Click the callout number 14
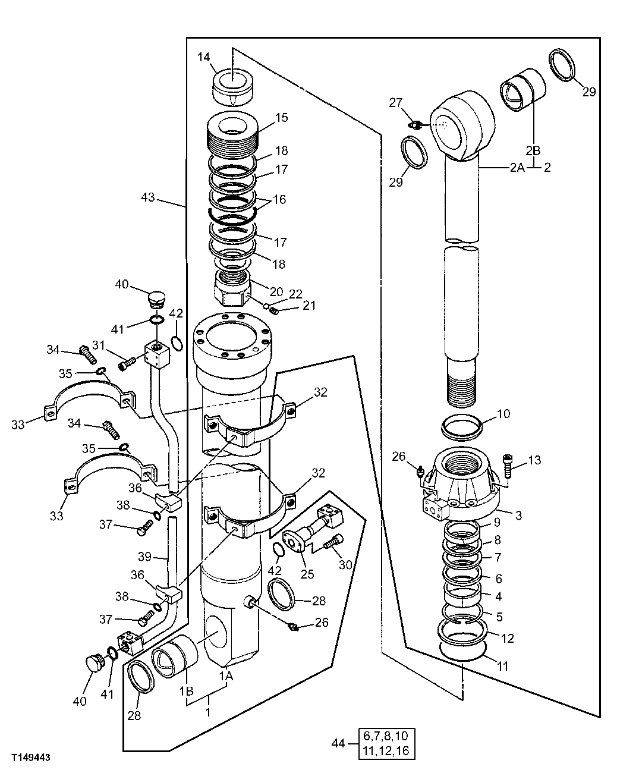(204, 57)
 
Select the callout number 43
(148, 197)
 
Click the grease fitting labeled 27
(417, 124)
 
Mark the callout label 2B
(533, 150)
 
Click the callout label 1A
(226, 676)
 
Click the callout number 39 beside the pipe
(145, 557)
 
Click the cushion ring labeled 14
(232, 86)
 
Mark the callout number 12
(507, 639)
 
